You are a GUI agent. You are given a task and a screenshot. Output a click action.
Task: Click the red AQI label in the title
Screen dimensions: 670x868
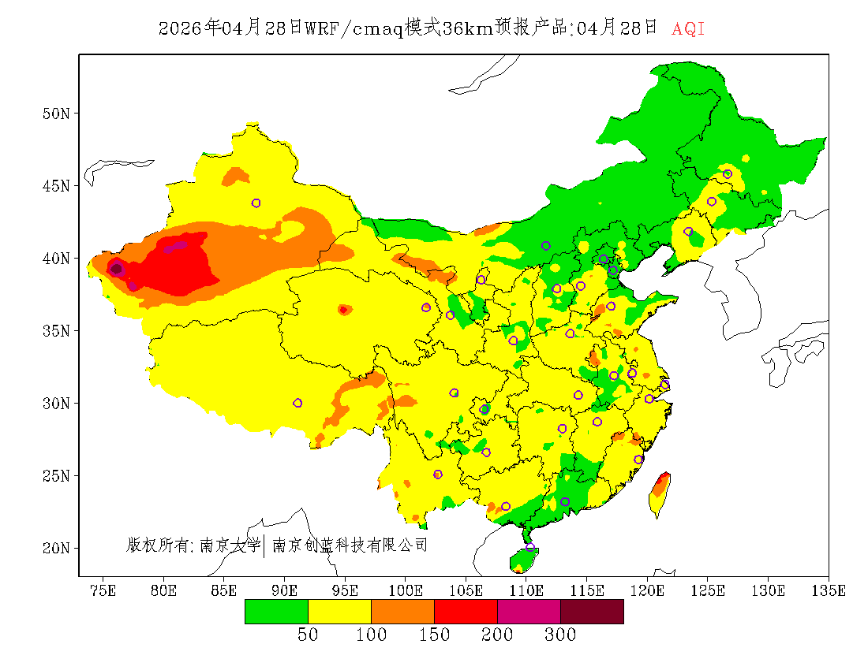pyautogui.click(x=688, y=29)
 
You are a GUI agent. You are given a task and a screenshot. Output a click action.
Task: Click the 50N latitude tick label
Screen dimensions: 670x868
pyautogui.click(x=56, y=114)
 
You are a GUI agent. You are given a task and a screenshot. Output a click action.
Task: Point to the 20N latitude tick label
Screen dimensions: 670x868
pyautogui.click(x=56, y=548)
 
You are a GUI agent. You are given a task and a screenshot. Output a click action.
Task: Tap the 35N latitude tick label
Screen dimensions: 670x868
pyautogui.click(x=56, y=331)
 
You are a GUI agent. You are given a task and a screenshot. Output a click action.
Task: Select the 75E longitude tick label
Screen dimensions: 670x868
pyautogui.click(x=102, y=590)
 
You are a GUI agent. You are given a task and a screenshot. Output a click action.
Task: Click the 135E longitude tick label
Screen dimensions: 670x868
pyautogui.click(x=829, y=590)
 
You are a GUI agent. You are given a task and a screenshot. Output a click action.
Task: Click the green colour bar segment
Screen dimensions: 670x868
pyautogui.click(x=276, y=612)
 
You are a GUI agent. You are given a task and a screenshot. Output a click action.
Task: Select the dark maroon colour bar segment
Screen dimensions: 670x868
pyautogui.click(x=592, y=612)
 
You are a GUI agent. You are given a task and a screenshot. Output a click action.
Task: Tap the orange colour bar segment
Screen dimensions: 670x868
pyautogui.click(x=402, y=612)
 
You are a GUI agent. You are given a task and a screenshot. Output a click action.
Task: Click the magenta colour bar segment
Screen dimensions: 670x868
pyautogui.click(x=529, y=612)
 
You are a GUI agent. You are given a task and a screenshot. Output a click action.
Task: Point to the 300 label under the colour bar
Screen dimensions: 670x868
pyautogui.click(x=560, y=635)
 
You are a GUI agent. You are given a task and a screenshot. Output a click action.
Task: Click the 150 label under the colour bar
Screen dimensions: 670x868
pyautogui.click(x=434, y=635)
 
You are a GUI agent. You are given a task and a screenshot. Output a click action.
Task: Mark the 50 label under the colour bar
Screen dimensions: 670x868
pyautogui.click(x=308, y=635)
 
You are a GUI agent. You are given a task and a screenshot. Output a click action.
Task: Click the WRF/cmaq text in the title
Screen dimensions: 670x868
pyautogui.click(x=353, y=29)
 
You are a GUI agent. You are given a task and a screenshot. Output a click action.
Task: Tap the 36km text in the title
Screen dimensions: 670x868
pyautogui.click(x=469, y=29)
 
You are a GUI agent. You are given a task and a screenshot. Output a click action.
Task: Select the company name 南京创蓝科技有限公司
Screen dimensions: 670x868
pyautogui.click(x=350, y=545)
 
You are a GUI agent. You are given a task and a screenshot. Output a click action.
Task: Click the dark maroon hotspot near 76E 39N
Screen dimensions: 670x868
pyautogui.click(x=116, y=268)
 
